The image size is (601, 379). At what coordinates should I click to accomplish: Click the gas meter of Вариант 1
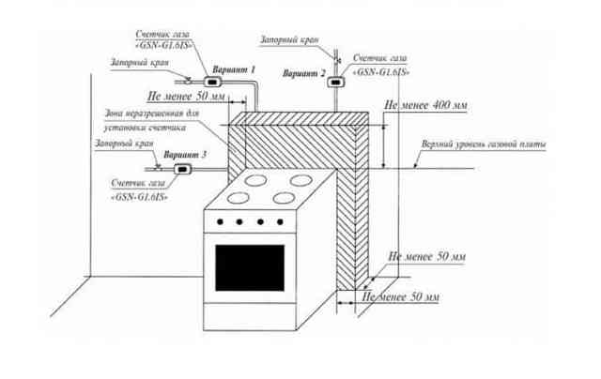tap(213, 82)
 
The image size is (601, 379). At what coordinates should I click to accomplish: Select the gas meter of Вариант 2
tap(336, 82)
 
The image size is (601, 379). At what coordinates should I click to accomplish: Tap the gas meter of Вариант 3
tap(183, 169)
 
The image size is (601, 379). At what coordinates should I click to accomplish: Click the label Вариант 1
tap(234, 69)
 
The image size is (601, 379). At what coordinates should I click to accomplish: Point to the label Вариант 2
tap(304, 73)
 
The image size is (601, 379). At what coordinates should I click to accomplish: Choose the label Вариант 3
tap(185, 155)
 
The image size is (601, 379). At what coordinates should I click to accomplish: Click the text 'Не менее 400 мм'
tap(425, 105)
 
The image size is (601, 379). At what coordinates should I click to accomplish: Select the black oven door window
tap(250, 268)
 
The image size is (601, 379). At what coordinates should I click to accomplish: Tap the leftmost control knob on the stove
tap(221, 221)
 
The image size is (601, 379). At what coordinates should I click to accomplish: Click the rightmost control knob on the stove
tap(280, 221)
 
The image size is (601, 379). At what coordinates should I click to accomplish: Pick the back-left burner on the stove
tap(255, 180)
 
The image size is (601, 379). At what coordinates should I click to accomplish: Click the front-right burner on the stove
tap(284, 198)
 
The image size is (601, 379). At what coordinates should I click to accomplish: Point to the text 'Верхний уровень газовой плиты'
tap(484, 144)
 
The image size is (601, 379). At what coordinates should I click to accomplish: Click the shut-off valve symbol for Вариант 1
tap(188, 81)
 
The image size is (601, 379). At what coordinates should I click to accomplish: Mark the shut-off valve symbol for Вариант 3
tap(158, 168)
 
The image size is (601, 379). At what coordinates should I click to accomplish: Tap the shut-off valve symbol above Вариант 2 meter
tap(337, 60)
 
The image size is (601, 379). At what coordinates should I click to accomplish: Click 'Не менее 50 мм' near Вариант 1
tap(186, 96)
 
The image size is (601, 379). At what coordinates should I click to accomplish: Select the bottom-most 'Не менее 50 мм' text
tap(401, 296)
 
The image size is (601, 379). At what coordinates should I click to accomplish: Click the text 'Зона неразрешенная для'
tap(152, 114)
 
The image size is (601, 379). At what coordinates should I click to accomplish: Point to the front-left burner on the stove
tap(238, 198)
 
